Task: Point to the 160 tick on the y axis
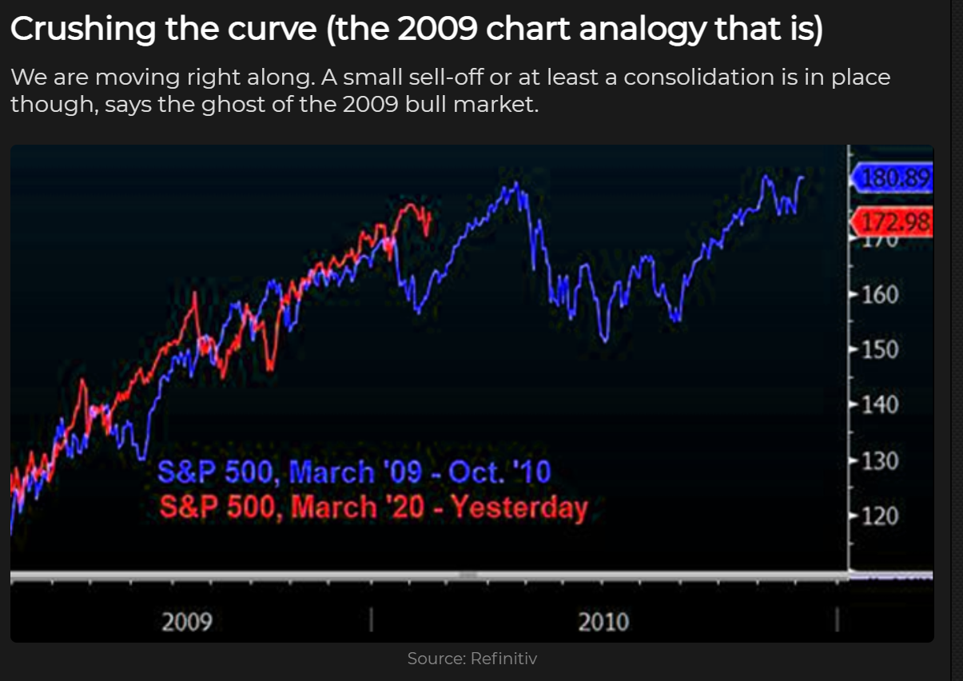coord(879,295)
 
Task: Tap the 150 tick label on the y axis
coord(879,350)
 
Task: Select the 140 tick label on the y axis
coord(879,405)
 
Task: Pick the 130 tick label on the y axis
coord(879,461)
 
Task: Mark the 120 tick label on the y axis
coord(879,516)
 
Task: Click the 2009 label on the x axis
coord(187,621)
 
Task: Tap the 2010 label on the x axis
coord(603,621)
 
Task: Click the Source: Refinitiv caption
coord(472,659)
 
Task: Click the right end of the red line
coord(430,214)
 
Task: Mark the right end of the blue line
coord(802,177)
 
